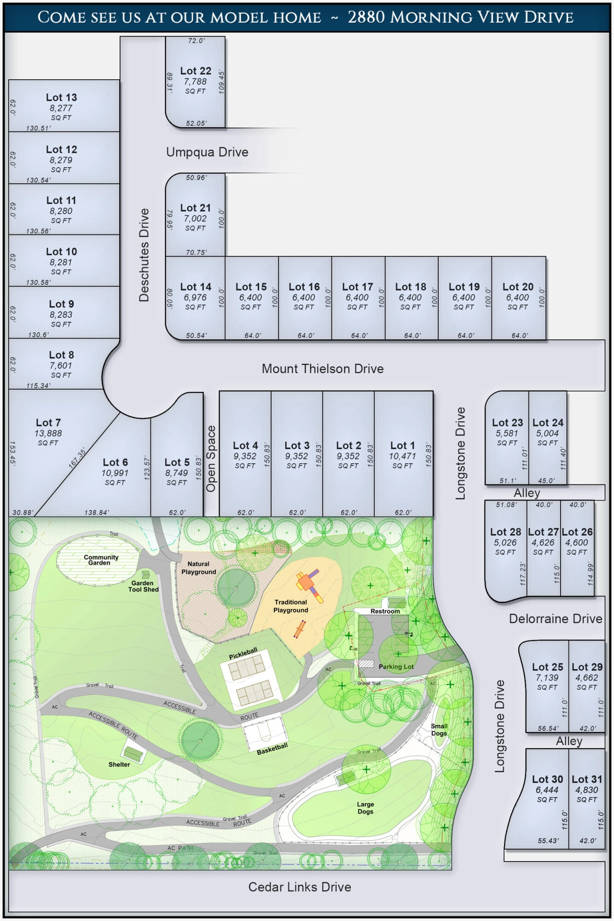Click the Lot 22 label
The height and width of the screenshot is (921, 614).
click(x=196, y=71)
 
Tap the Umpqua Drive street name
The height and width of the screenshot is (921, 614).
click(x=207, y=152)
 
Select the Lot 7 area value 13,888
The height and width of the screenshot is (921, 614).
click(x=48, y=433)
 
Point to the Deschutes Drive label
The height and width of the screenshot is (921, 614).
click(x=144, y=255)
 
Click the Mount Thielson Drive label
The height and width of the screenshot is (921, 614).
click(x=323, y=369)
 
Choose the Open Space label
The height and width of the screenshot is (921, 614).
click(x=211, y=459)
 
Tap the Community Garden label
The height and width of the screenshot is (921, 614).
click(x=101, y=560)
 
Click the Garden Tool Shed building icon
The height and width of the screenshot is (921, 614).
click(x=145, y=575)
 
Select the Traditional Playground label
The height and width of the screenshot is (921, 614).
click(x=290, y=606)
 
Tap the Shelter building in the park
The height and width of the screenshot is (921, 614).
click(x=133, y=753)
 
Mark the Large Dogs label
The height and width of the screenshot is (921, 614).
click(x=365, y=808)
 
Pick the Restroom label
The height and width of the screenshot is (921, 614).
click(x=385, y=611)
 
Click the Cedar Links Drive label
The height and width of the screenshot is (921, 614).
click(x=300, y=887)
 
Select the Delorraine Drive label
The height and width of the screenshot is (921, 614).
click(x=556, y=618)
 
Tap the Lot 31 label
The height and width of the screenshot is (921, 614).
click(x=587, y=779)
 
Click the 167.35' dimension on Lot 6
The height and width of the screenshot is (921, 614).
click(x=77, y=458)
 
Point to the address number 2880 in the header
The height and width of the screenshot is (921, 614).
click(x=366, y=17)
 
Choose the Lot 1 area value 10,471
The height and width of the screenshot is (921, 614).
click(x=402, y=456)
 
